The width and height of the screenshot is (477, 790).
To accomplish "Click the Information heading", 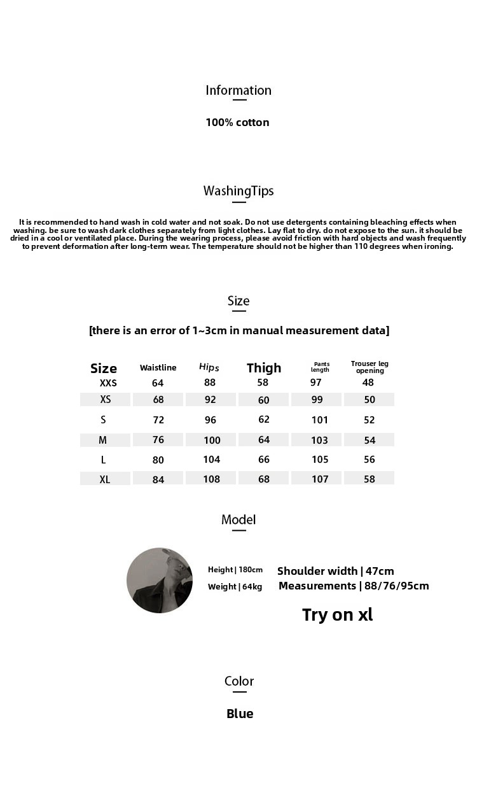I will [238, 90].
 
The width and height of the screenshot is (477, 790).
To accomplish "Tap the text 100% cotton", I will [237, 122].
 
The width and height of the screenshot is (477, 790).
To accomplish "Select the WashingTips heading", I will [238, 191].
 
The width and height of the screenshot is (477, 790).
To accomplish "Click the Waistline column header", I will [158, 367].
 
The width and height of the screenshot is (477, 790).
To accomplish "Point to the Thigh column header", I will [264, 368].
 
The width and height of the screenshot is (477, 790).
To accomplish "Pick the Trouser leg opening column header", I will [370, 367].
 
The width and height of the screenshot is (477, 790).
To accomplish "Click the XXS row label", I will [108, 383].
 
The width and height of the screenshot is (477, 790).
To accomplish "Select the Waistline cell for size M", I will [158, 440].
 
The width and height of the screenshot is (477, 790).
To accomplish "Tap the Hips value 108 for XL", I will [211, 479].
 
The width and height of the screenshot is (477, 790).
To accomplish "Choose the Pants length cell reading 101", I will [320, 420].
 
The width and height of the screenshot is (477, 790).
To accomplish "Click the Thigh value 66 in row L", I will [264, 460].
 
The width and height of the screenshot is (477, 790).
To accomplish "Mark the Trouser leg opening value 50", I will [370, 400].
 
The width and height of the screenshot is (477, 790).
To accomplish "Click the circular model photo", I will [160, 581].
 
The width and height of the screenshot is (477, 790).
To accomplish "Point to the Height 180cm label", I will [235, 570].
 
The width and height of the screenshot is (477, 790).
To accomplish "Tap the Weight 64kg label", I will [235, 586].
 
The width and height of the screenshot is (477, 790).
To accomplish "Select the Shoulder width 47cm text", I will [336, 571].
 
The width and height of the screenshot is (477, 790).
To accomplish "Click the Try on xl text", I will [337, 614].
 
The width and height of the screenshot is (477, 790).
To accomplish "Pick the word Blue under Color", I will [240, 714].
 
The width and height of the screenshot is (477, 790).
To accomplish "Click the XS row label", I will [106, 400].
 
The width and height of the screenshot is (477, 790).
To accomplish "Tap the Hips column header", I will [209, 367].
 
